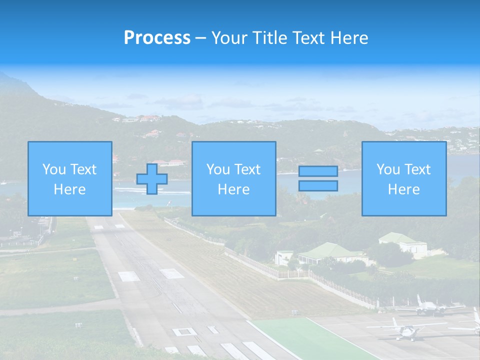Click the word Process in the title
[x=157, y=38]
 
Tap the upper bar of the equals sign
[x=318, y=171]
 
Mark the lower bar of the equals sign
[x=318, y=186]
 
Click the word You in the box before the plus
[x=52, y=169]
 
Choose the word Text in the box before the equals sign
[x=248, y=169]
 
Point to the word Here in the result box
[x=403, y=189]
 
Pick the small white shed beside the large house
[x=283, y=257]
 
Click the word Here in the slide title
[x=346, y=38]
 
